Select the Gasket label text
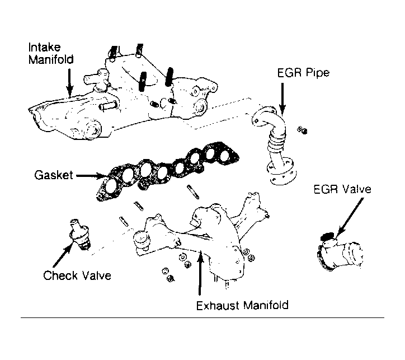click(x=52, y=175)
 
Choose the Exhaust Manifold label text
click(x=242, y=306)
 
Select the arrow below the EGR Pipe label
click(x=282, y=101)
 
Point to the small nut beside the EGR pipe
click(x=303, y=131)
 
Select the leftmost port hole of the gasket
click(x=107, y=186)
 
